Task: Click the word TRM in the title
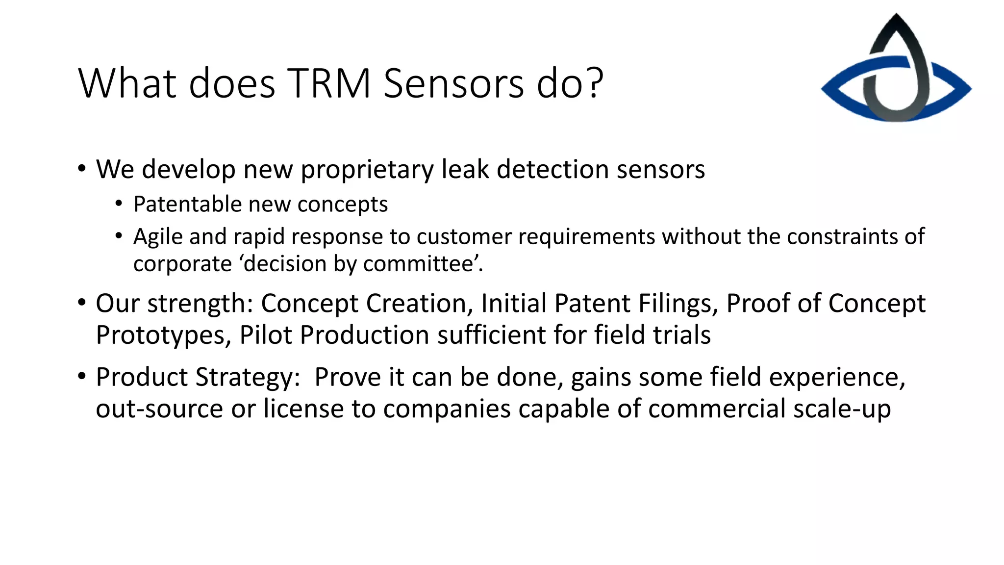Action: tap(328, 83)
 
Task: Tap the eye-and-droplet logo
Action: tap(896, 69)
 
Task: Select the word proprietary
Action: tap(367, 170)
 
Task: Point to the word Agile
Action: tap(158, 237)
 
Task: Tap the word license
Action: tap(303, 409)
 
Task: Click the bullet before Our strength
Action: tap(82, 303)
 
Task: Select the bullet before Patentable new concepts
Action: tap(119, 204)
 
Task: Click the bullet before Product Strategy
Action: tap(82, 377)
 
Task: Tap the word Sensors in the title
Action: tap(453, 83)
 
